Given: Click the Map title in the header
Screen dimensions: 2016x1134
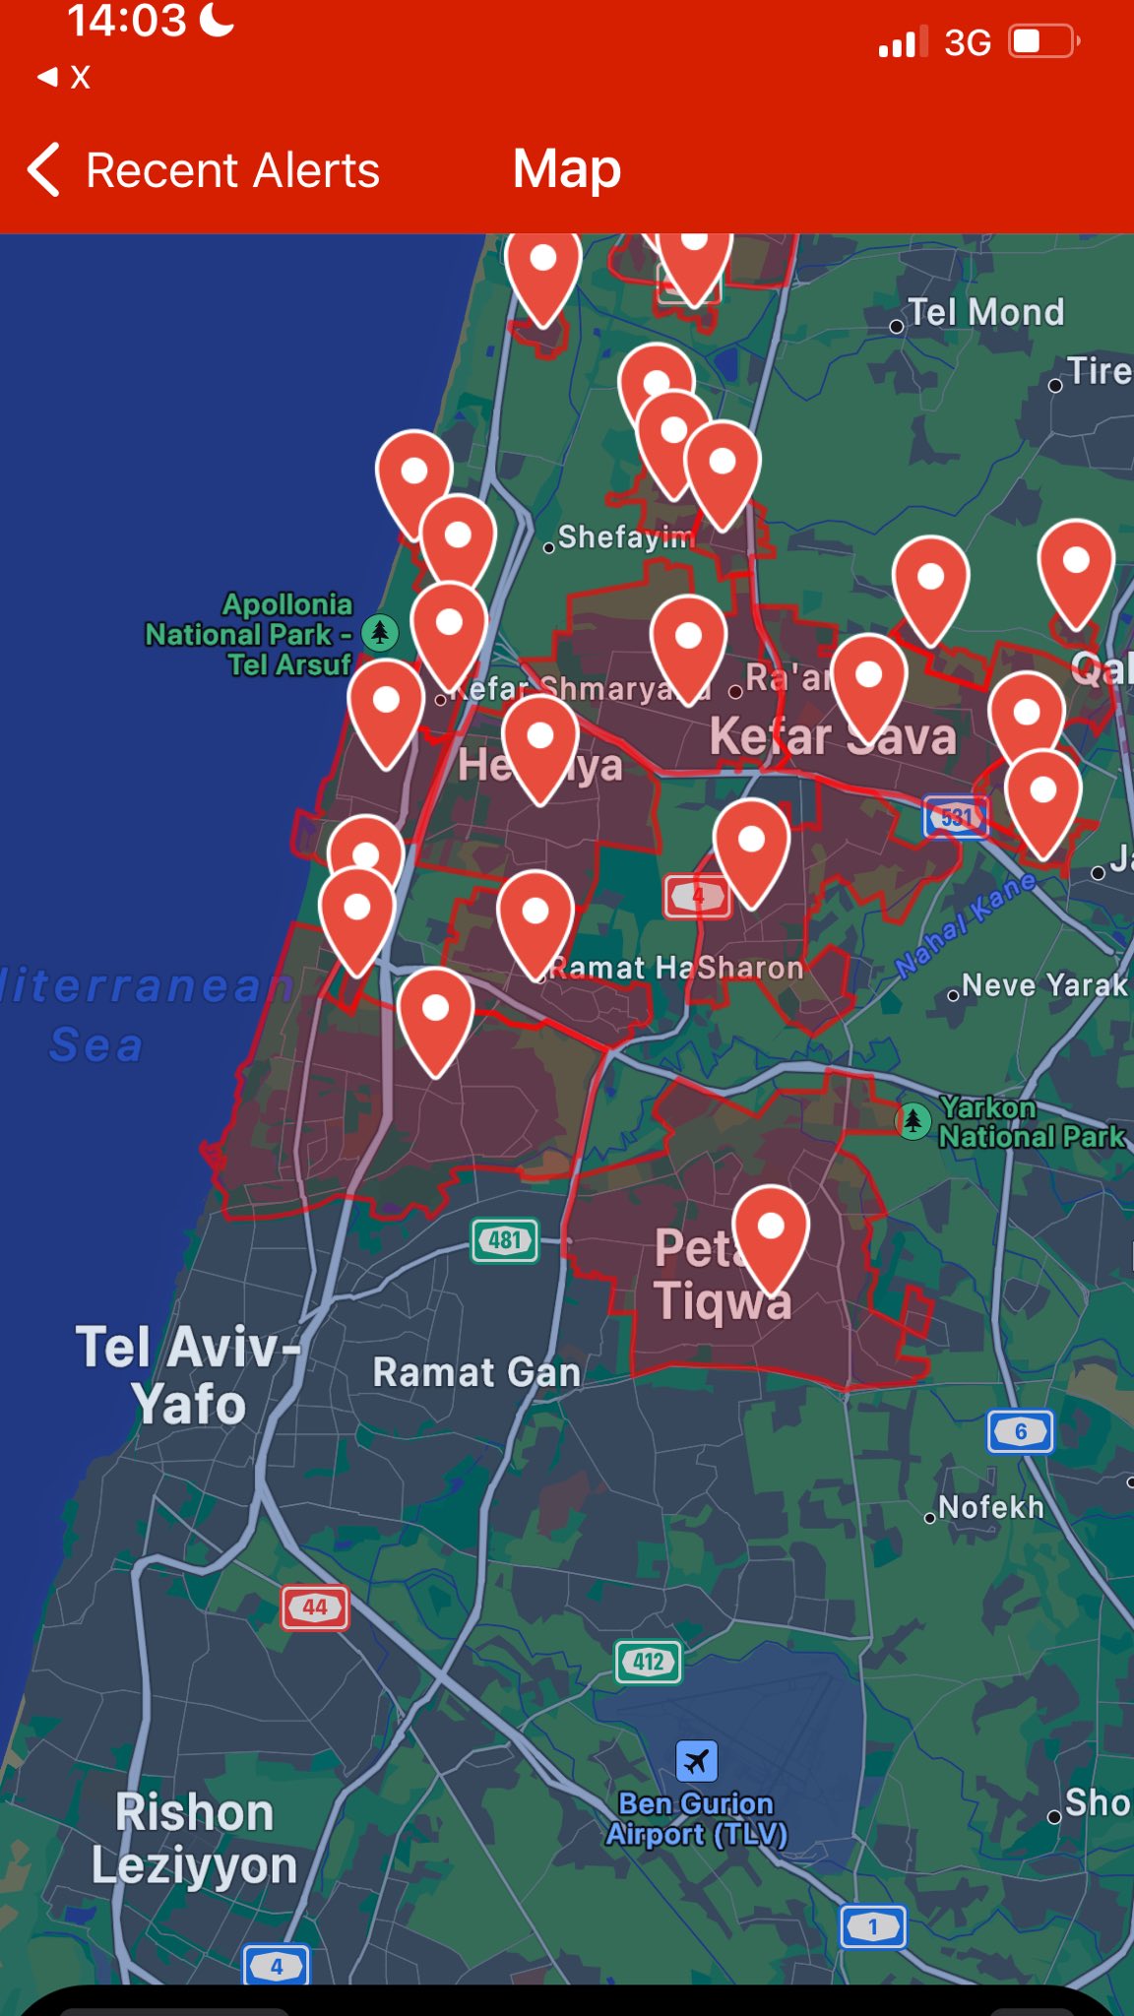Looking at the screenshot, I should [567, 169].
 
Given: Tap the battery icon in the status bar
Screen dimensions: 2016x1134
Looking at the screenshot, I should [1042, 42].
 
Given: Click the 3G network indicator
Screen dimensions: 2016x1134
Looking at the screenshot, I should [967, 43].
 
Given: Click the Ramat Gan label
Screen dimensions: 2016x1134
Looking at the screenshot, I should [476, 1372].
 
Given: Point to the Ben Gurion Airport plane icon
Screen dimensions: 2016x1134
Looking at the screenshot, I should [697, 1760].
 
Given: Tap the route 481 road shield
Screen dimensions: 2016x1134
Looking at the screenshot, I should [505, 1240].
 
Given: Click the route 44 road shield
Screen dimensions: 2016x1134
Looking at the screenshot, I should [315, 1607].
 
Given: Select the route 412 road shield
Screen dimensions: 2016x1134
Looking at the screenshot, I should [648, 1662].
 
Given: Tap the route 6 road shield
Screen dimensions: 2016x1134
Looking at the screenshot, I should [1020, 1431].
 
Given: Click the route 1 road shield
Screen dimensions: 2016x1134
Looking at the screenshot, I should [872, 1926].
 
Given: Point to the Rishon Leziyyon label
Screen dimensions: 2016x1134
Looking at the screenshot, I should [194, 1839].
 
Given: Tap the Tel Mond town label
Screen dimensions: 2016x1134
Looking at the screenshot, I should [985, 313].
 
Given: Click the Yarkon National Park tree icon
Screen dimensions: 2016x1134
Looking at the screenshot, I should [913, 1120].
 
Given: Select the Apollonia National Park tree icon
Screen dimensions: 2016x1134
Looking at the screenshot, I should [380, 632].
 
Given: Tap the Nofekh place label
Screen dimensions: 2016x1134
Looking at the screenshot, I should [990, 1507].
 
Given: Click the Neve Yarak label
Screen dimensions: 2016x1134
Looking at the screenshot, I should [1044, 985].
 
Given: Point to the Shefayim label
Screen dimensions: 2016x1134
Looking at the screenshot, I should [626, 537].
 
